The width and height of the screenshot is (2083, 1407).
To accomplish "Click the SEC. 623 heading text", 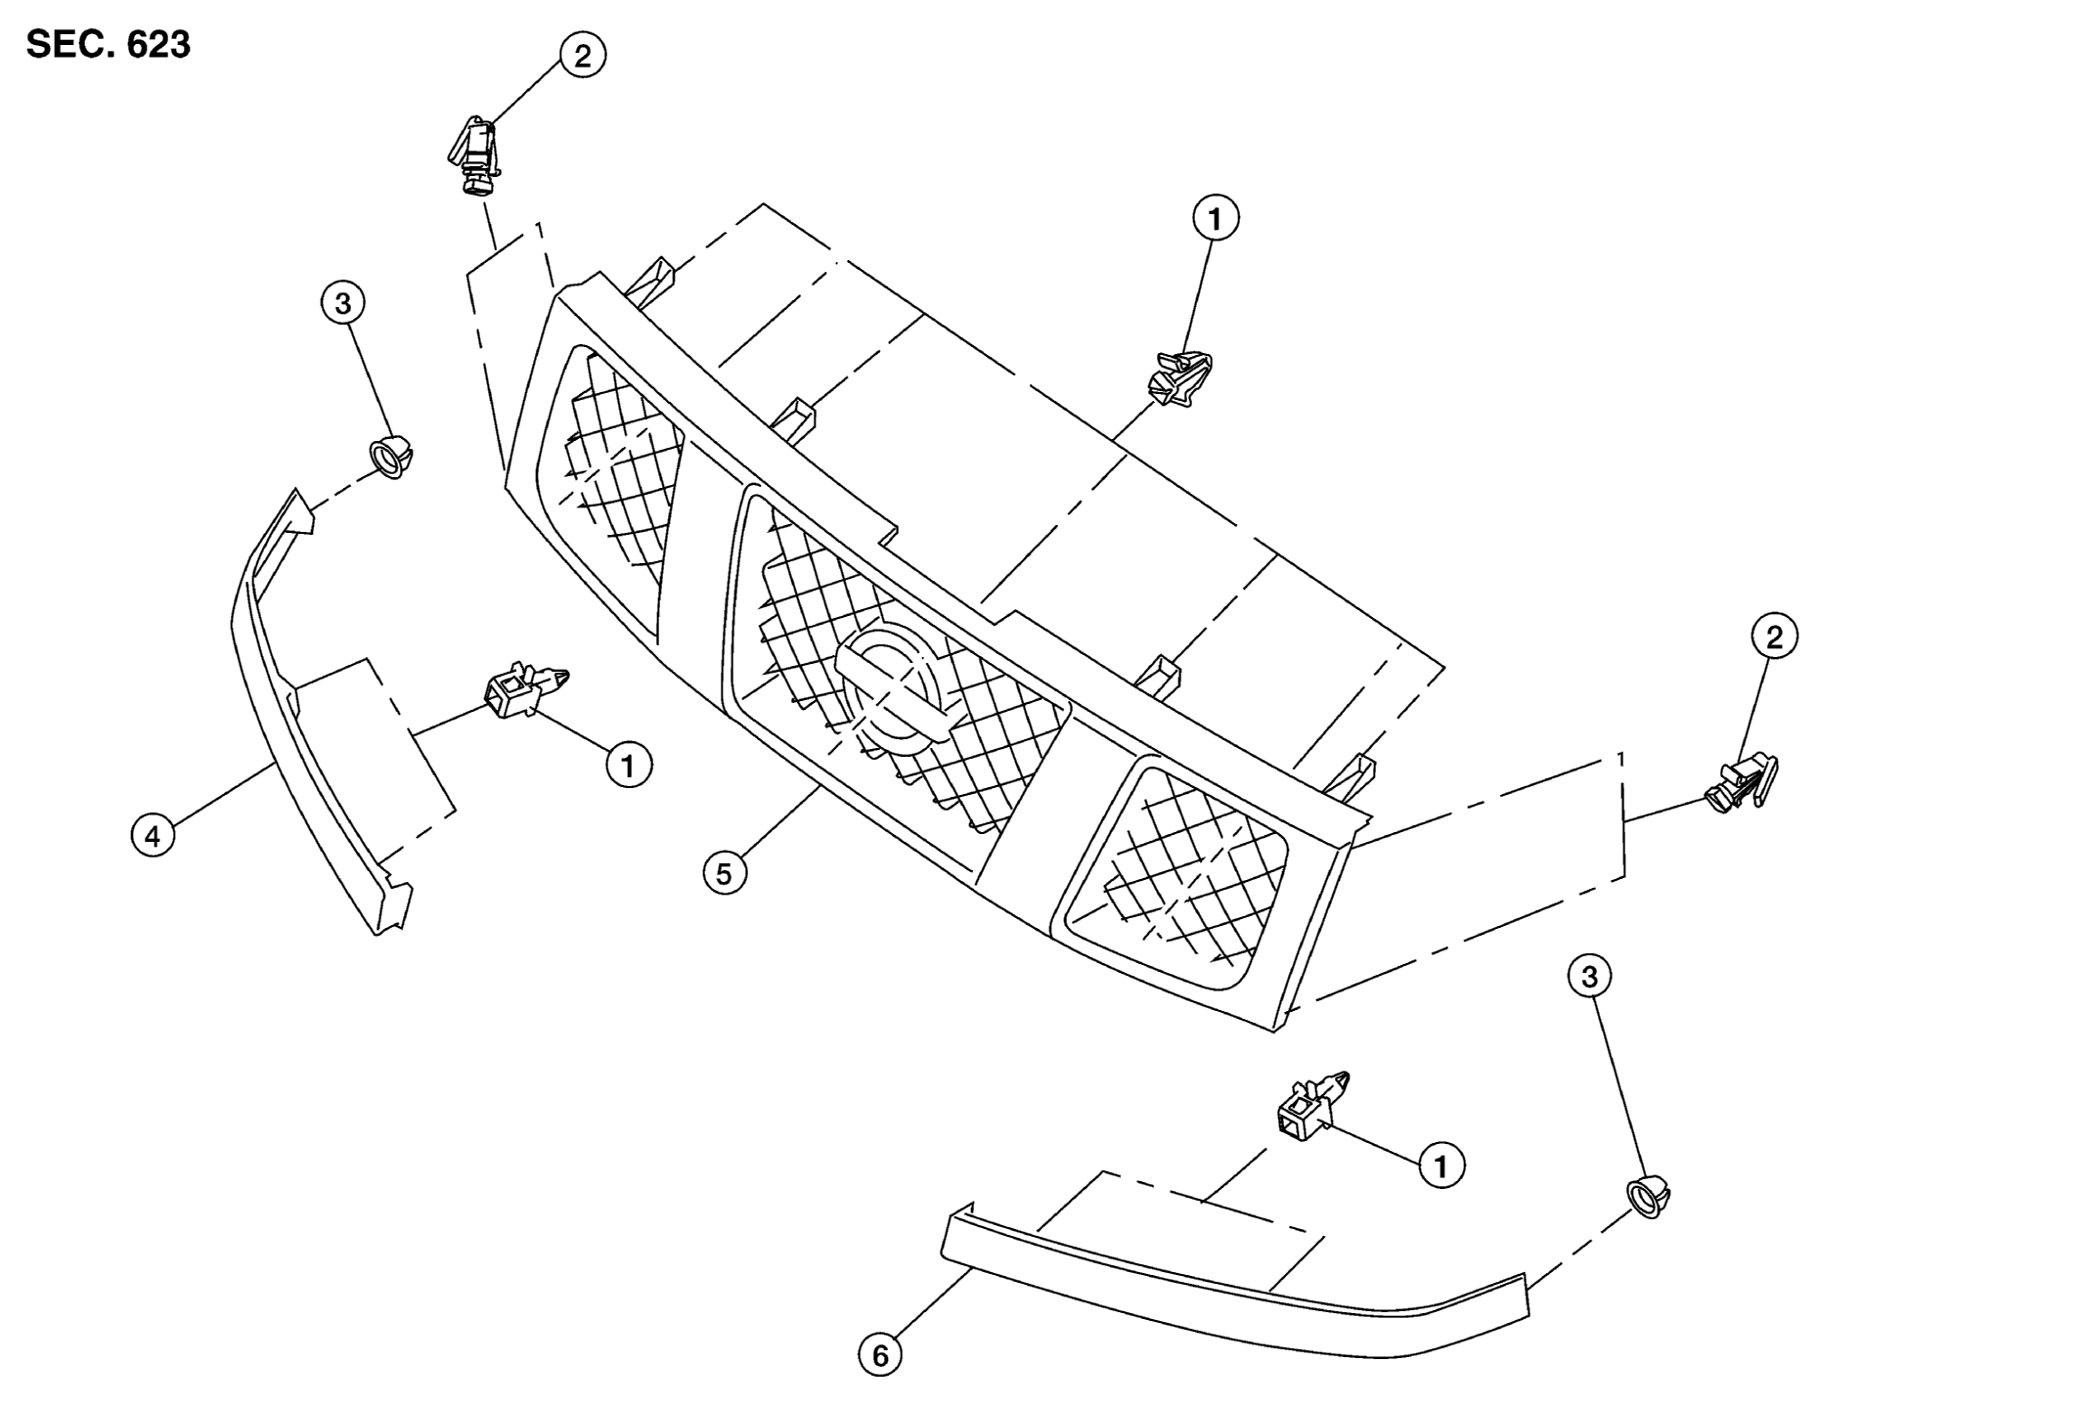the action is pos(109,44).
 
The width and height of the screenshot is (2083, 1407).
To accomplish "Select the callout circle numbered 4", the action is pos(153,836).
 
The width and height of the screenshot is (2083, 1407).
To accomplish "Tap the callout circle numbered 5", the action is pos(725,873).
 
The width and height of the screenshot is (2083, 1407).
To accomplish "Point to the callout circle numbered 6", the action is pos(880,1355).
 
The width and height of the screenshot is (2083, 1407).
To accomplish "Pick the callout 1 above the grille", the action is pos(1216,219).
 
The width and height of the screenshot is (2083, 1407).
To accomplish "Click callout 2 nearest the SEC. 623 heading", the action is pos(583,56).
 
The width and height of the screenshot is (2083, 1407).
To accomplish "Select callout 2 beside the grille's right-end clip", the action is pos(1774,638).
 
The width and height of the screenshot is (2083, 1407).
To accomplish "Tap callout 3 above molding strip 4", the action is pos(342,303).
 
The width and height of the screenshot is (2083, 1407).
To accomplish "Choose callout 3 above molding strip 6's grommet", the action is pos(1589,976).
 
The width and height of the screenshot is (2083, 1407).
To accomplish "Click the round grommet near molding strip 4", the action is pos(390,458).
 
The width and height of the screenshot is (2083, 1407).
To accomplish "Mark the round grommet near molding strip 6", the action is pos(1648,1197).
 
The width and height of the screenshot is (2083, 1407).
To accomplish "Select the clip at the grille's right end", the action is pos(1742,783).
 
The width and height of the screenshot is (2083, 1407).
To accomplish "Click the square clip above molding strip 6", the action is pos(1314,1104).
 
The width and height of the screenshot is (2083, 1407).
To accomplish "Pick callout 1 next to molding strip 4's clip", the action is pos(628,764).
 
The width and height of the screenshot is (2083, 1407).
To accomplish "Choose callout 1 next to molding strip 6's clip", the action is pos(1441,1165).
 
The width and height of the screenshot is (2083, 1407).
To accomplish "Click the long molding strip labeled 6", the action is pos(1234,1289).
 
